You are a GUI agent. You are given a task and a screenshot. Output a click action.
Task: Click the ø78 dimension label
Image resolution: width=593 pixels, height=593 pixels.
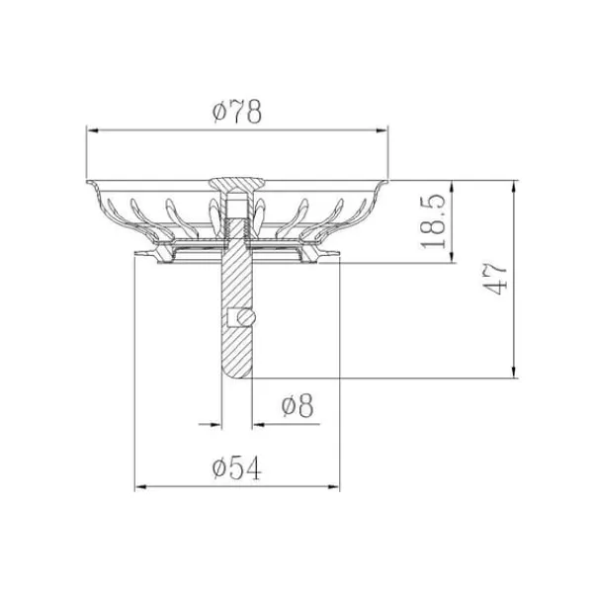pyautogui.click(x=237, y=112)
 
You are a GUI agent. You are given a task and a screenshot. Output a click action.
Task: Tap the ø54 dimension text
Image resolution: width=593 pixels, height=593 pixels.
pyautogui.click(x=237, y=467)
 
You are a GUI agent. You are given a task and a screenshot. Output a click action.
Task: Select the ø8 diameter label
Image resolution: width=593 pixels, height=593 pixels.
pyautogui.click(x=297, y=405)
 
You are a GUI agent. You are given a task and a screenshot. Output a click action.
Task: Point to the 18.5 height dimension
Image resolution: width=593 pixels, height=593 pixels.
pyautogui.click(x=433, y=221)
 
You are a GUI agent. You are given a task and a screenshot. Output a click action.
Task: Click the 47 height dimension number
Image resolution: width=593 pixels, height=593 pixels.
pyautogui.click(x=494, y=278)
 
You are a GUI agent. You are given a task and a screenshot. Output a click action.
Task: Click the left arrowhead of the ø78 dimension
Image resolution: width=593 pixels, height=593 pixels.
pyautogui.click(x=93, y=130)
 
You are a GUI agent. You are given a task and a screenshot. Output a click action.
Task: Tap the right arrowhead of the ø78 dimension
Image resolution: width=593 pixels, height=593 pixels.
pyautogui.click(x=382, y=130)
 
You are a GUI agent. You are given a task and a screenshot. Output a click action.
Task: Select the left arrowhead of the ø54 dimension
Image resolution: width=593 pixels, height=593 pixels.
pyautogui.click(x=140, y=487)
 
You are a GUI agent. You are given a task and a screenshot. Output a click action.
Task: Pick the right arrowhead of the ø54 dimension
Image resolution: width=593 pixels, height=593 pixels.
pyautogui.click(x=334, y=487)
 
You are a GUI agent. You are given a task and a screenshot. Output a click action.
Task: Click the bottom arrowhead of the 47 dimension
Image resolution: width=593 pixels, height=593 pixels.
pyautogui.click(x=513, y=372)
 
